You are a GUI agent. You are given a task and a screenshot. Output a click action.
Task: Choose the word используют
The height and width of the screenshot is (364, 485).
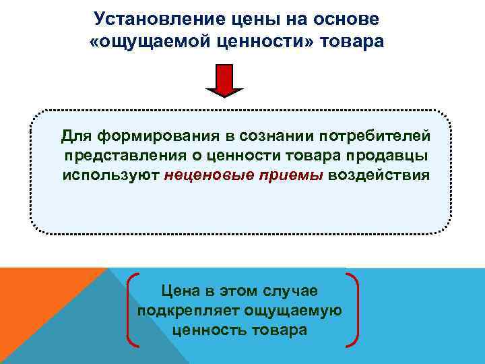click(110, 175)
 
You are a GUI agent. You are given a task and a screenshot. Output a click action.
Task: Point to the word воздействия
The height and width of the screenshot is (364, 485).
click(379, 175)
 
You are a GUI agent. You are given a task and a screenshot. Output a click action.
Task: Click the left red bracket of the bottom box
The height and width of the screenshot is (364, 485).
click(131, 310)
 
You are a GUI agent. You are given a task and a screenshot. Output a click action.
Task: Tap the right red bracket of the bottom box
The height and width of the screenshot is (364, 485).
click(354, 310)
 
